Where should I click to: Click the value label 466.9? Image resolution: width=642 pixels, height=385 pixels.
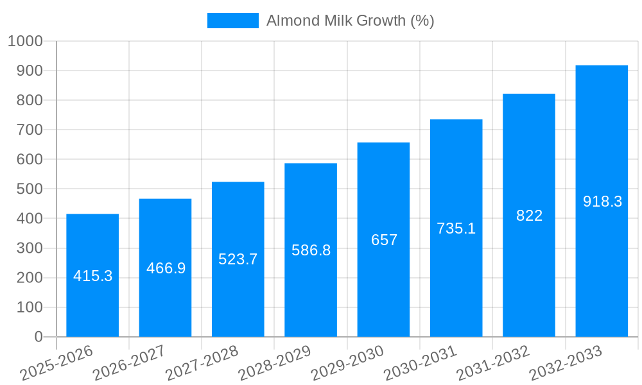(x=166, y=268)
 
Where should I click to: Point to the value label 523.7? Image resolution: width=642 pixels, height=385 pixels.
(x=238, y=259)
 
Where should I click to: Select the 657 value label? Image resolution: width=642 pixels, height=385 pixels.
(x=384, y=240)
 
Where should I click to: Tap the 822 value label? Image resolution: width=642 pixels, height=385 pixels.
(x=529, y=216)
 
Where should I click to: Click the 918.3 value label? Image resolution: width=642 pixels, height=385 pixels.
(x=602, y=201)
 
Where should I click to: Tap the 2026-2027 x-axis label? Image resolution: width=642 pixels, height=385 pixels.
(x=128, y=363)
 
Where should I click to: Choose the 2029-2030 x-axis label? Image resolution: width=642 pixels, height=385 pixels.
(x=347, y=363)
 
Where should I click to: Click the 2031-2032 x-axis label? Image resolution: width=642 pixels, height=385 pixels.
(x=492, y=363)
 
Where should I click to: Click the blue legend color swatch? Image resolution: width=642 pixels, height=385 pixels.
(x=232, y=21)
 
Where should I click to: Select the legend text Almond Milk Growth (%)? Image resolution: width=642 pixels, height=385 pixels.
(x=350, y=21)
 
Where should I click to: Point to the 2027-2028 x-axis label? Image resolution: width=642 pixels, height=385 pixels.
(x=202, y=363)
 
